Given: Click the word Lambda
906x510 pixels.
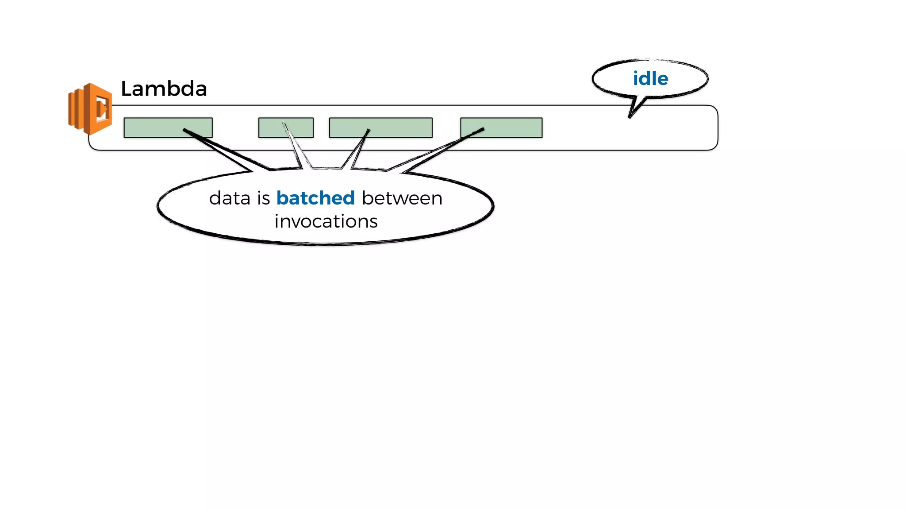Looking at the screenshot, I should coord(164,89).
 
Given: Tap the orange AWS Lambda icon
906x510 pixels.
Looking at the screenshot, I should coord(90,108).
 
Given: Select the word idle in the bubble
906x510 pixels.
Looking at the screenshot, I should coord(650,79).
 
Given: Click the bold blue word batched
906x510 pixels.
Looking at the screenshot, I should coord(315,198).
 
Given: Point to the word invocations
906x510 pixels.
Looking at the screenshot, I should coord(326,221).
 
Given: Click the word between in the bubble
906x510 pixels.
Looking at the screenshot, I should coord(402,198).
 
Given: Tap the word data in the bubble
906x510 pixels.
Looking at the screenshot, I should coord(230,198).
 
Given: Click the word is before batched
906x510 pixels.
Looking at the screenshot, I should coord(263,198).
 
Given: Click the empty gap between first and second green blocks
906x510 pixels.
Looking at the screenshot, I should coord(235,127).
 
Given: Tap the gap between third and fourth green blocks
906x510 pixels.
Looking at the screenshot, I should coord(446,127).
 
